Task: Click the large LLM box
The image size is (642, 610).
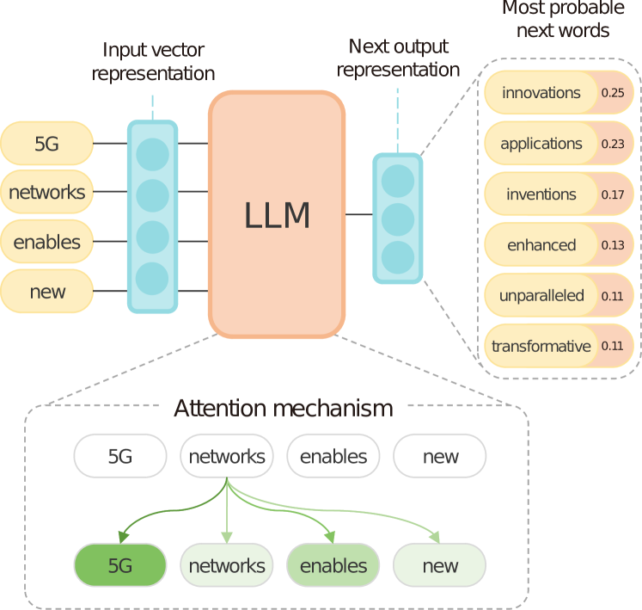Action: click(276, 214)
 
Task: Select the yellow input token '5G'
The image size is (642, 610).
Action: click(46, 144)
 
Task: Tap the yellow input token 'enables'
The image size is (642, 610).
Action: click(46, 242)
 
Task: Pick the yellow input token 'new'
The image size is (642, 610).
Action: click(46, 292)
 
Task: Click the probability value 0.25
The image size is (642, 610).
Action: click(613, 93)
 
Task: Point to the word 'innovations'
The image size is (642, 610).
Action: click(541, 93)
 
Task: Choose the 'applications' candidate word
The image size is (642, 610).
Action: click(541, 144)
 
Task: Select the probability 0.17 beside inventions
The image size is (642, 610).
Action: click(613, 194)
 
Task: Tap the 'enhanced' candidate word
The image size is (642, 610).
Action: click(541, 245)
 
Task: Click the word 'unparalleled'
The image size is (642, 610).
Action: click(541, 296)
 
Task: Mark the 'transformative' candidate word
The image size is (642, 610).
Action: click(541, 347)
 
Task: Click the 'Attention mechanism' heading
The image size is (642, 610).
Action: click(283, 408)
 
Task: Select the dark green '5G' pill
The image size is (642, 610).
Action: click(119, 566)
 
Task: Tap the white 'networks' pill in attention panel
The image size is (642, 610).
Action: click(227, 457)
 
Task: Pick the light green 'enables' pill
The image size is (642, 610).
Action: click(333, 566)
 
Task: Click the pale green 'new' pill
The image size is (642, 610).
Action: click(440, 566)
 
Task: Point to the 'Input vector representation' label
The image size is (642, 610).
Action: click(153, 62)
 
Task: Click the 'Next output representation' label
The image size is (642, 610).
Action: click(398, 58)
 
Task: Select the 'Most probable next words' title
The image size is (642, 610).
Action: click(563, 19)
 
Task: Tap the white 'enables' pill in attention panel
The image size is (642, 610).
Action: click(333, 457)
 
